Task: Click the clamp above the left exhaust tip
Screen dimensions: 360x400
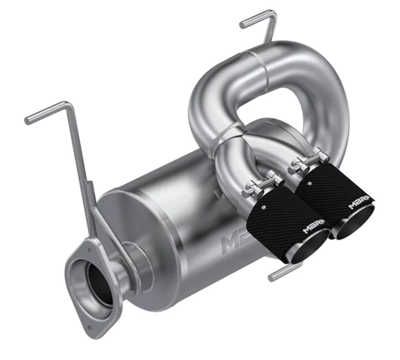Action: pos(261,186)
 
